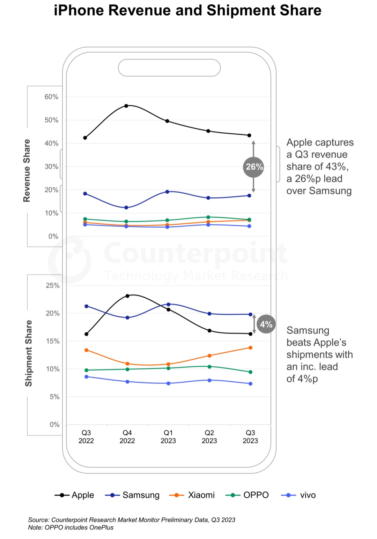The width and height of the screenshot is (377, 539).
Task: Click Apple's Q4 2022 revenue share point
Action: point(126,106)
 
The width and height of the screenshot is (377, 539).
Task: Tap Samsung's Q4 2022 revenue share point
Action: point(126,208)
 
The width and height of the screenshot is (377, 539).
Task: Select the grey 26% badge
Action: point(253,167)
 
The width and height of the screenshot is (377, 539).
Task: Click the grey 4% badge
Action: point(266,324)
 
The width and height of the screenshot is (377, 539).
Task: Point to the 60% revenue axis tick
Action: point(51,97)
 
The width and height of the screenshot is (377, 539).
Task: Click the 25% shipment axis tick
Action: point(53,285)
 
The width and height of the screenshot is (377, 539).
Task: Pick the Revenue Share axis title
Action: point(27,170)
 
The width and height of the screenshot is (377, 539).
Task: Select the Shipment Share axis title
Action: point(28,353)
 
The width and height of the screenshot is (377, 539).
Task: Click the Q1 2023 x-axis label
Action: point(168,437)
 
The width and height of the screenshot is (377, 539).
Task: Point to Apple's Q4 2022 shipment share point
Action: point(127,296)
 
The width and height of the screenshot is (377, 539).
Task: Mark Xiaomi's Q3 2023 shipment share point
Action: point(251,347)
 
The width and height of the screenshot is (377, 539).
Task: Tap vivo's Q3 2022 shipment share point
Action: point(86,377)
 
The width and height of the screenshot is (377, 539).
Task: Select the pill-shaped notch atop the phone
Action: point(169,68)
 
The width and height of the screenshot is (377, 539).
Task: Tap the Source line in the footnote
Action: point(132,520)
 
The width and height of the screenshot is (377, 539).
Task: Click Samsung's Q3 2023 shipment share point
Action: point(251,314)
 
